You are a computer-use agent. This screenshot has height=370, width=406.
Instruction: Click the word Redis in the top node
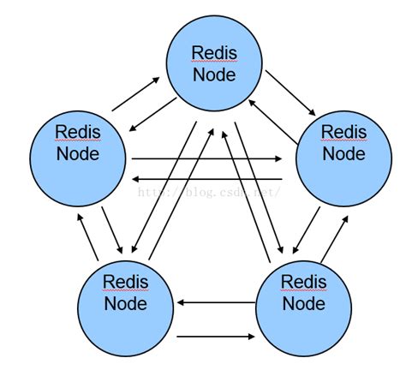coord(213,53)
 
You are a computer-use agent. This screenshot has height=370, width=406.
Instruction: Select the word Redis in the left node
coord(77,133)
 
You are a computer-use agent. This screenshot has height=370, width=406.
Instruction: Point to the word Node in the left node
coord(77,154)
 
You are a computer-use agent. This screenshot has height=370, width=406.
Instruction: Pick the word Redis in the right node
coord(343,133)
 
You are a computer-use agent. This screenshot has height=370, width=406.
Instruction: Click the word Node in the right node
coord(343,154)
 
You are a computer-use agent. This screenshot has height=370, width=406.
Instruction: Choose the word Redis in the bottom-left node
coord(126,282)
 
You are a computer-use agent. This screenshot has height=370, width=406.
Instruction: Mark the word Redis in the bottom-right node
coord(304,282)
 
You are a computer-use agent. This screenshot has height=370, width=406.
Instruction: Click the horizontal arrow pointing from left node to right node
coord(206,158)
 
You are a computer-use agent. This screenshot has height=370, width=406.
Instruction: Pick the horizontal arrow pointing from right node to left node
coord(206,178)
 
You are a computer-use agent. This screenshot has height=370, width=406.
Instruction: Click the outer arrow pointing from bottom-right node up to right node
coord(334,236)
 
